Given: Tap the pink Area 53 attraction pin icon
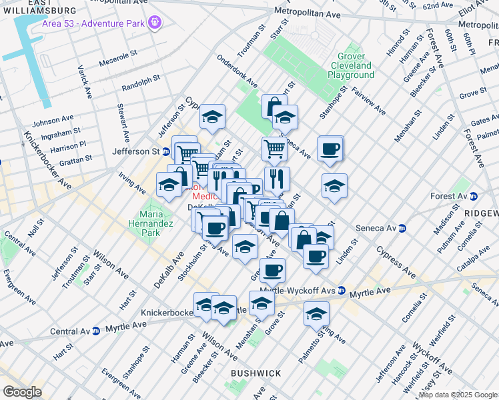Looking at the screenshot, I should pos(155,23).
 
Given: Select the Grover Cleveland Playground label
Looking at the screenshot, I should pos(351,66).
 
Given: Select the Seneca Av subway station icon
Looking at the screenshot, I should pos(402,228).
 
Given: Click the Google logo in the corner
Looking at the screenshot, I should pos(22,392).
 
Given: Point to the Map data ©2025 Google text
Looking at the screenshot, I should pos(458,395).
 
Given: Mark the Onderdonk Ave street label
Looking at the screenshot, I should pos(237,71).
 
